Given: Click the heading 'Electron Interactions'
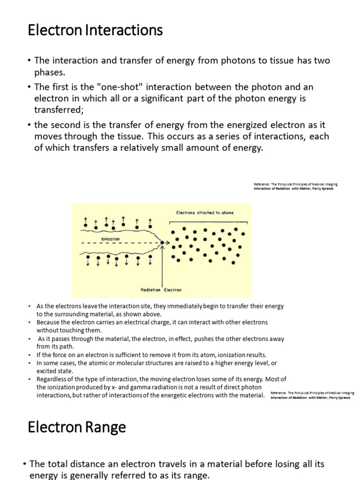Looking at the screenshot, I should coord(95,31).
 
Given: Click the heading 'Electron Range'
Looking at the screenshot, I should coord(76,427).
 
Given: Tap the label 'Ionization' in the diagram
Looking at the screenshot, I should coord(111,239).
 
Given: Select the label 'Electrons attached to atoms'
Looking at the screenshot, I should coord(205,212).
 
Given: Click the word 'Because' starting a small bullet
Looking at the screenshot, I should coord(47,322).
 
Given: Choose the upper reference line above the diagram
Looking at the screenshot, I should coord(296,184).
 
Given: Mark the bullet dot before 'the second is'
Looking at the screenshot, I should coord(29,125).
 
